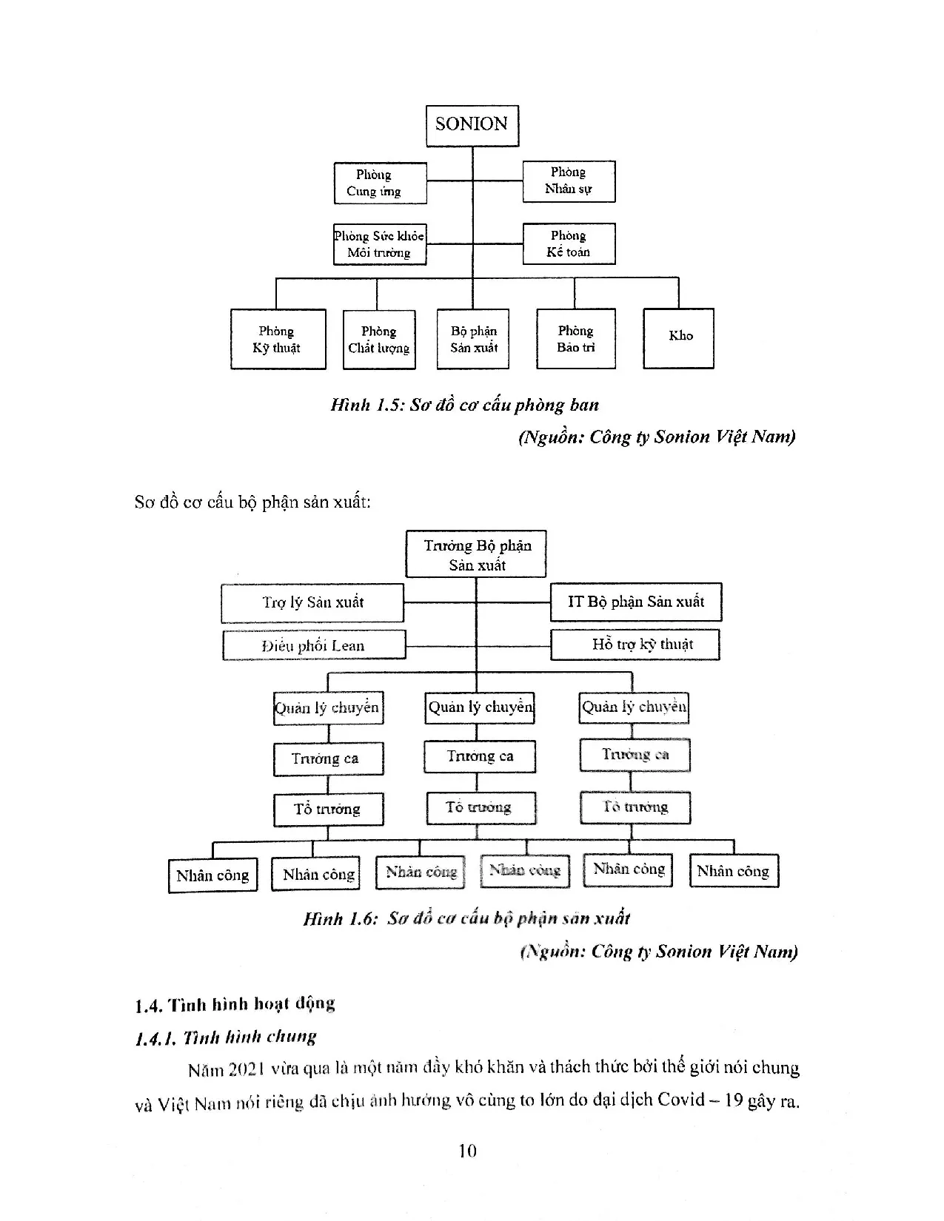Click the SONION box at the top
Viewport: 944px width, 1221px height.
[x=472, y=124]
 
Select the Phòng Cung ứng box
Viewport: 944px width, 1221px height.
[x=380, y=183]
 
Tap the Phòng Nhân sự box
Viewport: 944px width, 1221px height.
[x=569, y=181]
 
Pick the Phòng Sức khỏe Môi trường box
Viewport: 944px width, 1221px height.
[x=379, y=244]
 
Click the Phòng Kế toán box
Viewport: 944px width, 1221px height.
[x=569, y=243]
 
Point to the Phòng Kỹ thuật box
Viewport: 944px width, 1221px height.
[x=278, y=339]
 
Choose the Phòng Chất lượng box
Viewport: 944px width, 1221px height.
[x=379, y=339]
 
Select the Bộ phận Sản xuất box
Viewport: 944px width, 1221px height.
[x=473, y=338]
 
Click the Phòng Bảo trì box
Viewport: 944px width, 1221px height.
[x=575, y=338]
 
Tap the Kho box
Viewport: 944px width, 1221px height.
[x=679, y=337]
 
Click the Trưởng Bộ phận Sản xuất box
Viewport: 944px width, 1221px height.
[x=476, y=554]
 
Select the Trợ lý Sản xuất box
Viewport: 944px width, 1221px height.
[x=312, y=602]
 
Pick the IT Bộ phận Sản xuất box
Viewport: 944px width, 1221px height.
[x=635, y=602]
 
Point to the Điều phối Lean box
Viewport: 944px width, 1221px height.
[x=313, y=645]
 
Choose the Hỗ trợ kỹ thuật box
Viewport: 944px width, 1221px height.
[x=635, y=645]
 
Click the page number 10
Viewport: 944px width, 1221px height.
[x=467, y=1151]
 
